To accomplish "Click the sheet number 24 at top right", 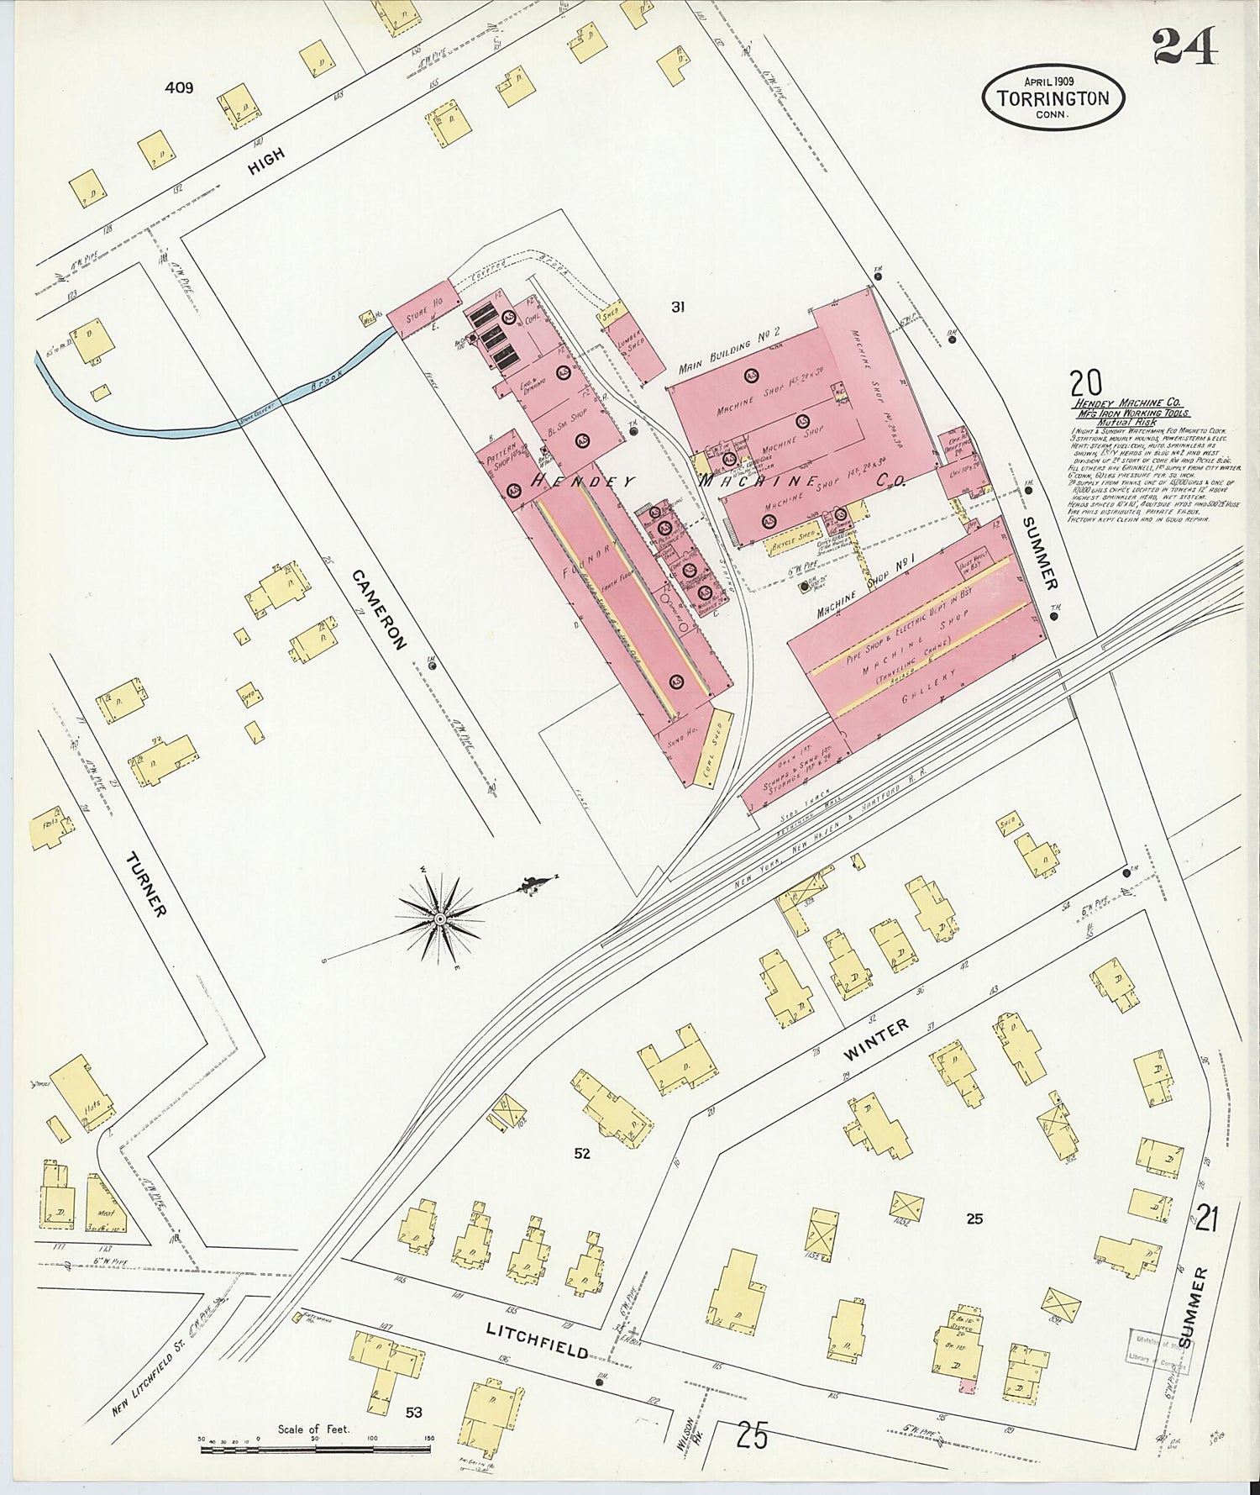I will [1184, 46].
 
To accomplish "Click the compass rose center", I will [440, 919].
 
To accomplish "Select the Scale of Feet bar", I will [314, 1448].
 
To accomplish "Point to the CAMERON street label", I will [379, 609].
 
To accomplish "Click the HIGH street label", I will [266, 161].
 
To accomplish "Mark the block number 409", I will [179, 87].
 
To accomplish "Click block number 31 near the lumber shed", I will [677, 308].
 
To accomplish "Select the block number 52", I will [582, 1154].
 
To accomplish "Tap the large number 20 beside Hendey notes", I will [1086, 383].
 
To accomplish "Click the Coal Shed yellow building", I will [712, 749].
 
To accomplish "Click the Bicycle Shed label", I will [794, 539].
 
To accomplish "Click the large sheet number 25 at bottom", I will [751, 1435].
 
